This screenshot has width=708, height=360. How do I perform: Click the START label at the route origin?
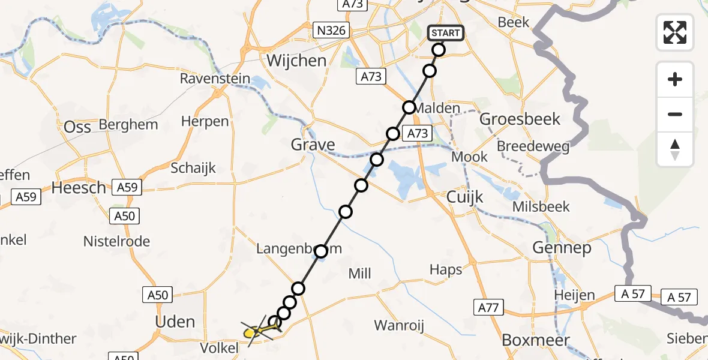point(446,32)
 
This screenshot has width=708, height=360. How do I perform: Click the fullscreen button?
point(675,32)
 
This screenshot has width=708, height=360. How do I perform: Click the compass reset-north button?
point(675,149)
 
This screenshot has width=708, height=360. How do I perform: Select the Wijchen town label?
point(296,61)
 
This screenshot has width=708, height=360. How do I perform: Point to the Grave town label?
point(313,145)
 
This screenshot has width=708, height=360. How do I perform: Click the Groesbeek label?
point(520,119)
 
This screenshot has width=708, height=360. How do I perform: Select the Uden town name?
point(175,322)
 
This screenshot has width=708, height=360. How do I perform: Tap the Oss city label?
point(77,127)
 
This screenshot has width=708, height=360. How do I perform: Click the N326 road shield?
point(332,29)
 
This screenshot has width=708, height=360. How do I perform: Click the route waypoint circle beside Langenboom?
point(322,251)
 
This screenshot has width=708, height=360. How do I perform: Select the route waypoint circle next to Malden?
point(409,107)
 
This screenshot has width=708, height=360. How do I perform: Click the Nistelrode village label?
point(117,242)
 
